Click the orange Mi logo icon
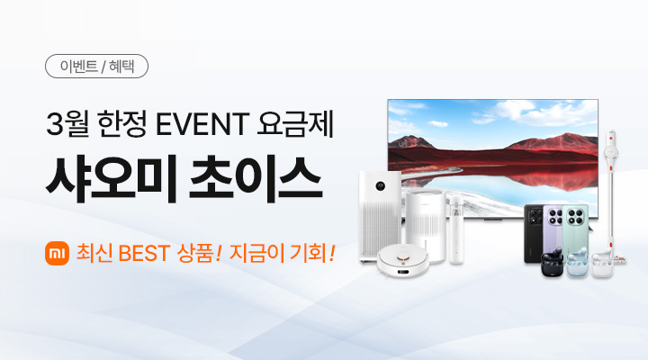[57, 253]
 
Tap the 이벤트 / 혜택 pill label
[96, 66]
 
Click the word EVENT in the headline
[202, 123]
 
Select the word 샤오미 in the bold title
[112, 178]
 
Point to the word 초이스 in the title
[255, 178]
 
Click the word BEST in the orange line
[144, 254]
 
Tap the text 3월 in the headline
[67, 123]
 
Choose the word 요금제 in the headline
[294, 123]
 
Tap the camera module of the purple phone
[555, 216]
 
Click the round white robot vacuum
[403, 261]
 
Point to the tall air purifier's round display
[381, 186]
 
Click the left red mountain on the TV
[410, 142]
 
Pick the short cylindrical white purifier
[426, 226]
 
